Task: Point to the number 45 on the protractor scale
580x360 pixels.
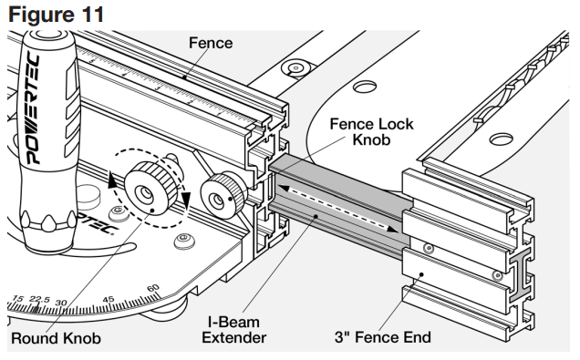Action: pos(108,299)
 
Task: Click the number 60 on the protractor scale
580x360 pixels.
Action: pos(153,289)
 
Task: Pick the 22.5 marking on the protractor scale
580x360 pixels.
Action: pos(40,303)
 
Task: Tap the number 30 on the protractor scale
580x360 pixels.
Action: pos(62,303)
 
